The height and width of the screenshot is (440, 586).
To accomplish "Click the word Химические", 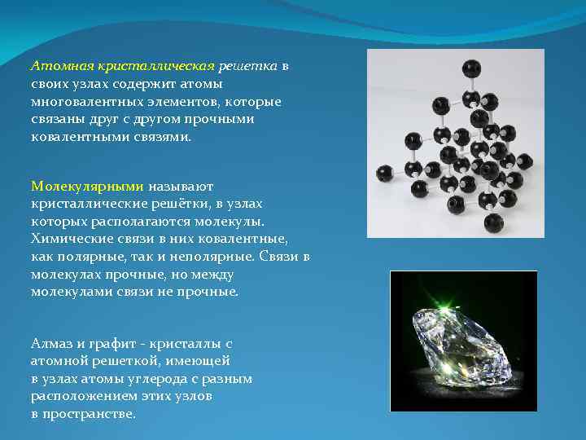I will [64, 239].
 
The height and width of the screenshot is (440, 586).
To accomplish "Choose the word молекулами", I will [68, 291].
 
